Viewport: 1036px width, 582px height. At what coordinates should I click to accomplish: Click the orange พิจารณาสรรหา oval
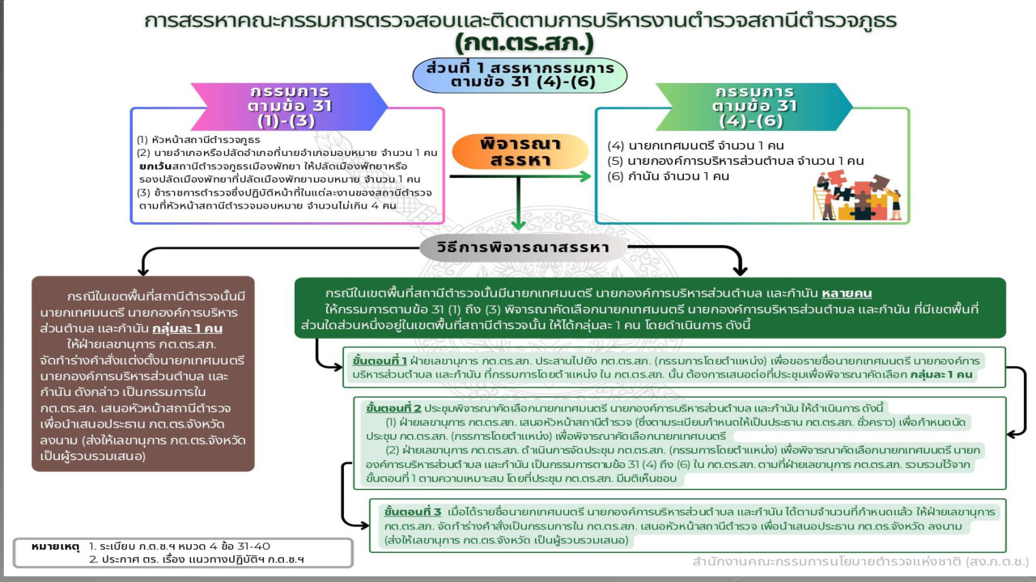click(x=520, y=151)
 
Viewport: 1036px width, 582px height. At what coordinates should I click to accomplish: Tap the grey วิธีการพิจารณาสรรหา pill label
click(x=523, y=247)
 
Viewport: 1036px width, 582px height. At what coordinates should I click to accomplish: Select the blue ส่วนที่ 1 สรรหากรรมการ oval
click(x=520, y=75)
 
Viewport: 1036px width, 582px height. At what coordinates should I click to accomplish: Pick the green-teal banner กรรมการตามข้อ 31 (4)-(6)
click(x=754, y=107)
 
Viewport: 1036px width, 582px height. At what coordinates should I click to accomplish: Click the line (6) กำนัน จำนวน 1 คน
click(x=668, y=176)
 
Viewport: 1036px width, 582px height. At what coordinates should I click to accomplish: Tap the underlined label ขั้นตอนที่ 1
click(x=380, y=361)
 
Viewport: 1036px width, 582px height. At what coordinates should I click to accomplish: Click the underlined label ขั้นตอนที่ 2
click(x=393, y=408)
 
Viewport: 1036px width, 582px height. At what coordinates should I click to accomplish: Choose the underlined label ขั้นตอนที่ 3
click(x=413, y=512)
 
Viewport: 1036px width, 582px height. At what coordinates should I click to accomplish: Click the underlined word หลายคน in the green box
click(x=847, y=293)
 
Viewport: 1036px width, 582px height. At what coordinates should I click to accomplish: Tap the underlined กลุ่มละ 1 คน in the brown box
click(x=187, y=329)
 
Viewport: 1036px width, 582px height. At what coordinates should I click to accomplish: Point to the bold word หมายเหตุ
click(x=56, y=547)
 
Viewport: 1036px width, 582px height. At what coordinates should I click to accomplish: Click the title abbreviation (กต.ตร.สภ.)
click(x=524, y=44)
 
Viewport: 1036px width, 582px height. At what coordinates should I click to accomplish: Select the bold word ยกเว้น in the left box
click(x=155, y=167)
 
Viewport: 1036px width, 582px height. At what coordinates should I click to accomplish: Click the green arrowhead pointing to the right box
click(x=585, y=176)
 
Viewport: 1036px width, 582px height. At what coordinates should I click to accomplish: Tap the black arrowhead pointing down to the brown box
click(x=143, y=271)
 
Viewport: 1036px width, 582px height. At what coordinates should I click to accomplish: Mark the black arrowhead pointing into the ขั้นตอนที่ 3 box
click(x=364, y=525)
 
